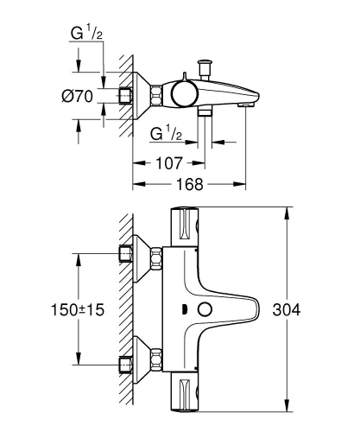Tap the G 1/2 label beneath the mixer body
(x=164, y=134)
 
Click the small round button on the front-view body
(x=205, y=309)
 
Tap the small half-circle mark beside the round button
(x=185, y=309)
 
